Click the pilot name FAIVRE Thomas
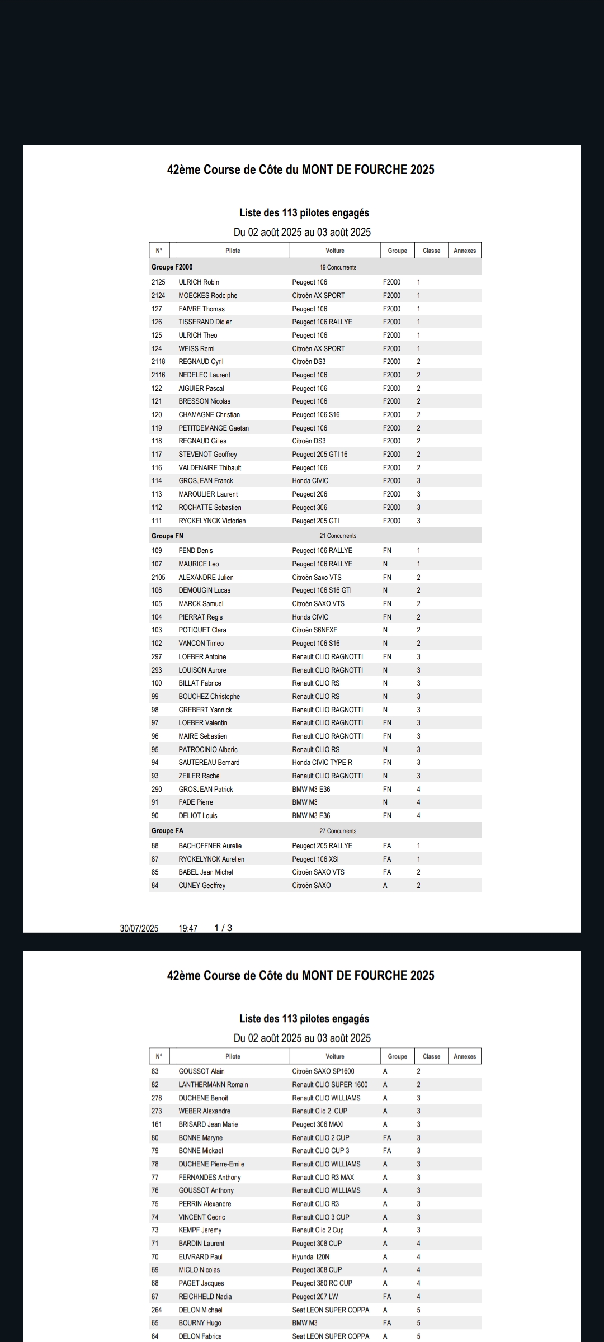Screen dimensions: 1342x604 [x=201, y=309]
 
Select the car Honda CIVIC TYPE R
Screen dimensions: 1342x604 [x=322, y=762]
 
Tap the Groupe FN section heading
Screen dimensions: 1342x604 [x=167, y=536]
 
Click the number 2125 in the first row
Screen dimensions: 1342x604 [x=158, y=282]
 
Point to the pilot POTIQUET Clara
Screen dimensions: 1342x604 [x=202, y=630]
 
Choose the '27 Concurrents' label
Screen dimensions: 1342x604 [x=338, y=831]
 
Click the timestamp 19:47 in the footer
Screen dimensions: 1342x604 [x=188, y=928]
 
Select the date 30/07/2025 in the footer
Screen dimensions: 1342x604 [x=139, y=928]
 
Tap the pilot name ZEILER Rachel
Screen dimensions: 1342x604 [x=200, y=776]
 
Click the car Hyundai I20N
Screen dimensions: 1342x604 [x=311, y=1256]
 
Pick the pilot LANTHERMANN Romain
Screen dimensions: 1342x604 [x=213, y=1084]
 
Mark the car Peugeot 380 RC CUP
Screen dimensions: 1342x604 [x=322, y=1283]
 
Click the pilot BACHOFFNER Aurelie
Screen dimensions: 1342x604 [x=210, y=845]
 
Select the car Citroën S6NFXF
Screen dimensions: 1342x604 [x=314, y=630]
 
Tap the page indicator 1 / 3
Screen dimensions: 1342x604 [x=223, y=928]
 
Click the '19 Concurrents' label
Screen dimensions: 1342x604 [x=338, y=267]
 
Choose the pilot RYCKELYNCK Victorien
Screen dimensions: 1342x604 [x=212, y=521]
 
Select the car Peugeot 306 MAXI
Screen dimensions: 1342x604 [x=318, y=1124]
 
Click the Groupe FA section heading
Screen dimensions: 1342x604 [x=167, y=831]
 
